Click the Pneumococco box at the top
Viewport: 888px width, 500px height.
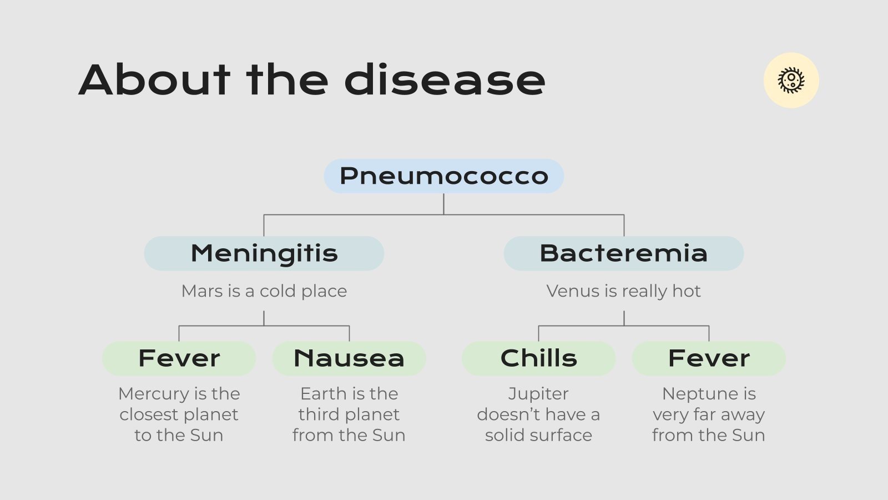click(443, 176)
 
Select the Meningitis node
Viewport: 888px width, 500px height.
click(264, 253)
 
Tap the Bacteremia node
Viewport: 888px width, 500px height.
click(623, 253)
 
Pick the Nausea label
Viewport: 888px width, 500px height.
click(349, 358)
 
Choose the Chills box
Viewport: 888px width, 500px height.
click(538, 358)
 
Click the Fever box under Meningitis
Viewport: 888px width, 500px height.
click(179, 358)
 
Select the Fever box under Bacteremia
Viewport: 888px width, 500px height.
click(709, 358)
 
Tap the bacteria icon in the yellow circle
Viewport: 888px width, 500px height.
click(791, 80)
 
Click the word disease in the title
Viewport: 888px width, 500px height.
click(445, 80)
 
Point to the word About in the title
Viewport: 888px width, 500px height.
click(154, 80)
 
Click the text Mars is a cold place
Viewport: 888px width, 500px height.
click(264, 291)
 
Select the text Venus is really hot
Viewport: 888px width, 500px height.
click(623, 291)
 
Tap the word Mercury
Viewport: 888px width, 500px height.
click(153, 394)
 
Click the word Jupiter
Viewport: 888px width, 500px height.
click(538, 394)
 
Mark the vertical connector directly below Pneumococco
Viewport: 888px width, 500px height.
click(443, 204)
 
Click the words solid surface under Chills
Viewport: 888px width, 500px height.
click(538, 435)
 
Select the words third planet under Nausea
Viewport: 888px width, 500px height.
click(349, 414)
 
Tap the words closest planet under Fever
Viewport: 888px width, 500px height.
click(179, 414)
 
